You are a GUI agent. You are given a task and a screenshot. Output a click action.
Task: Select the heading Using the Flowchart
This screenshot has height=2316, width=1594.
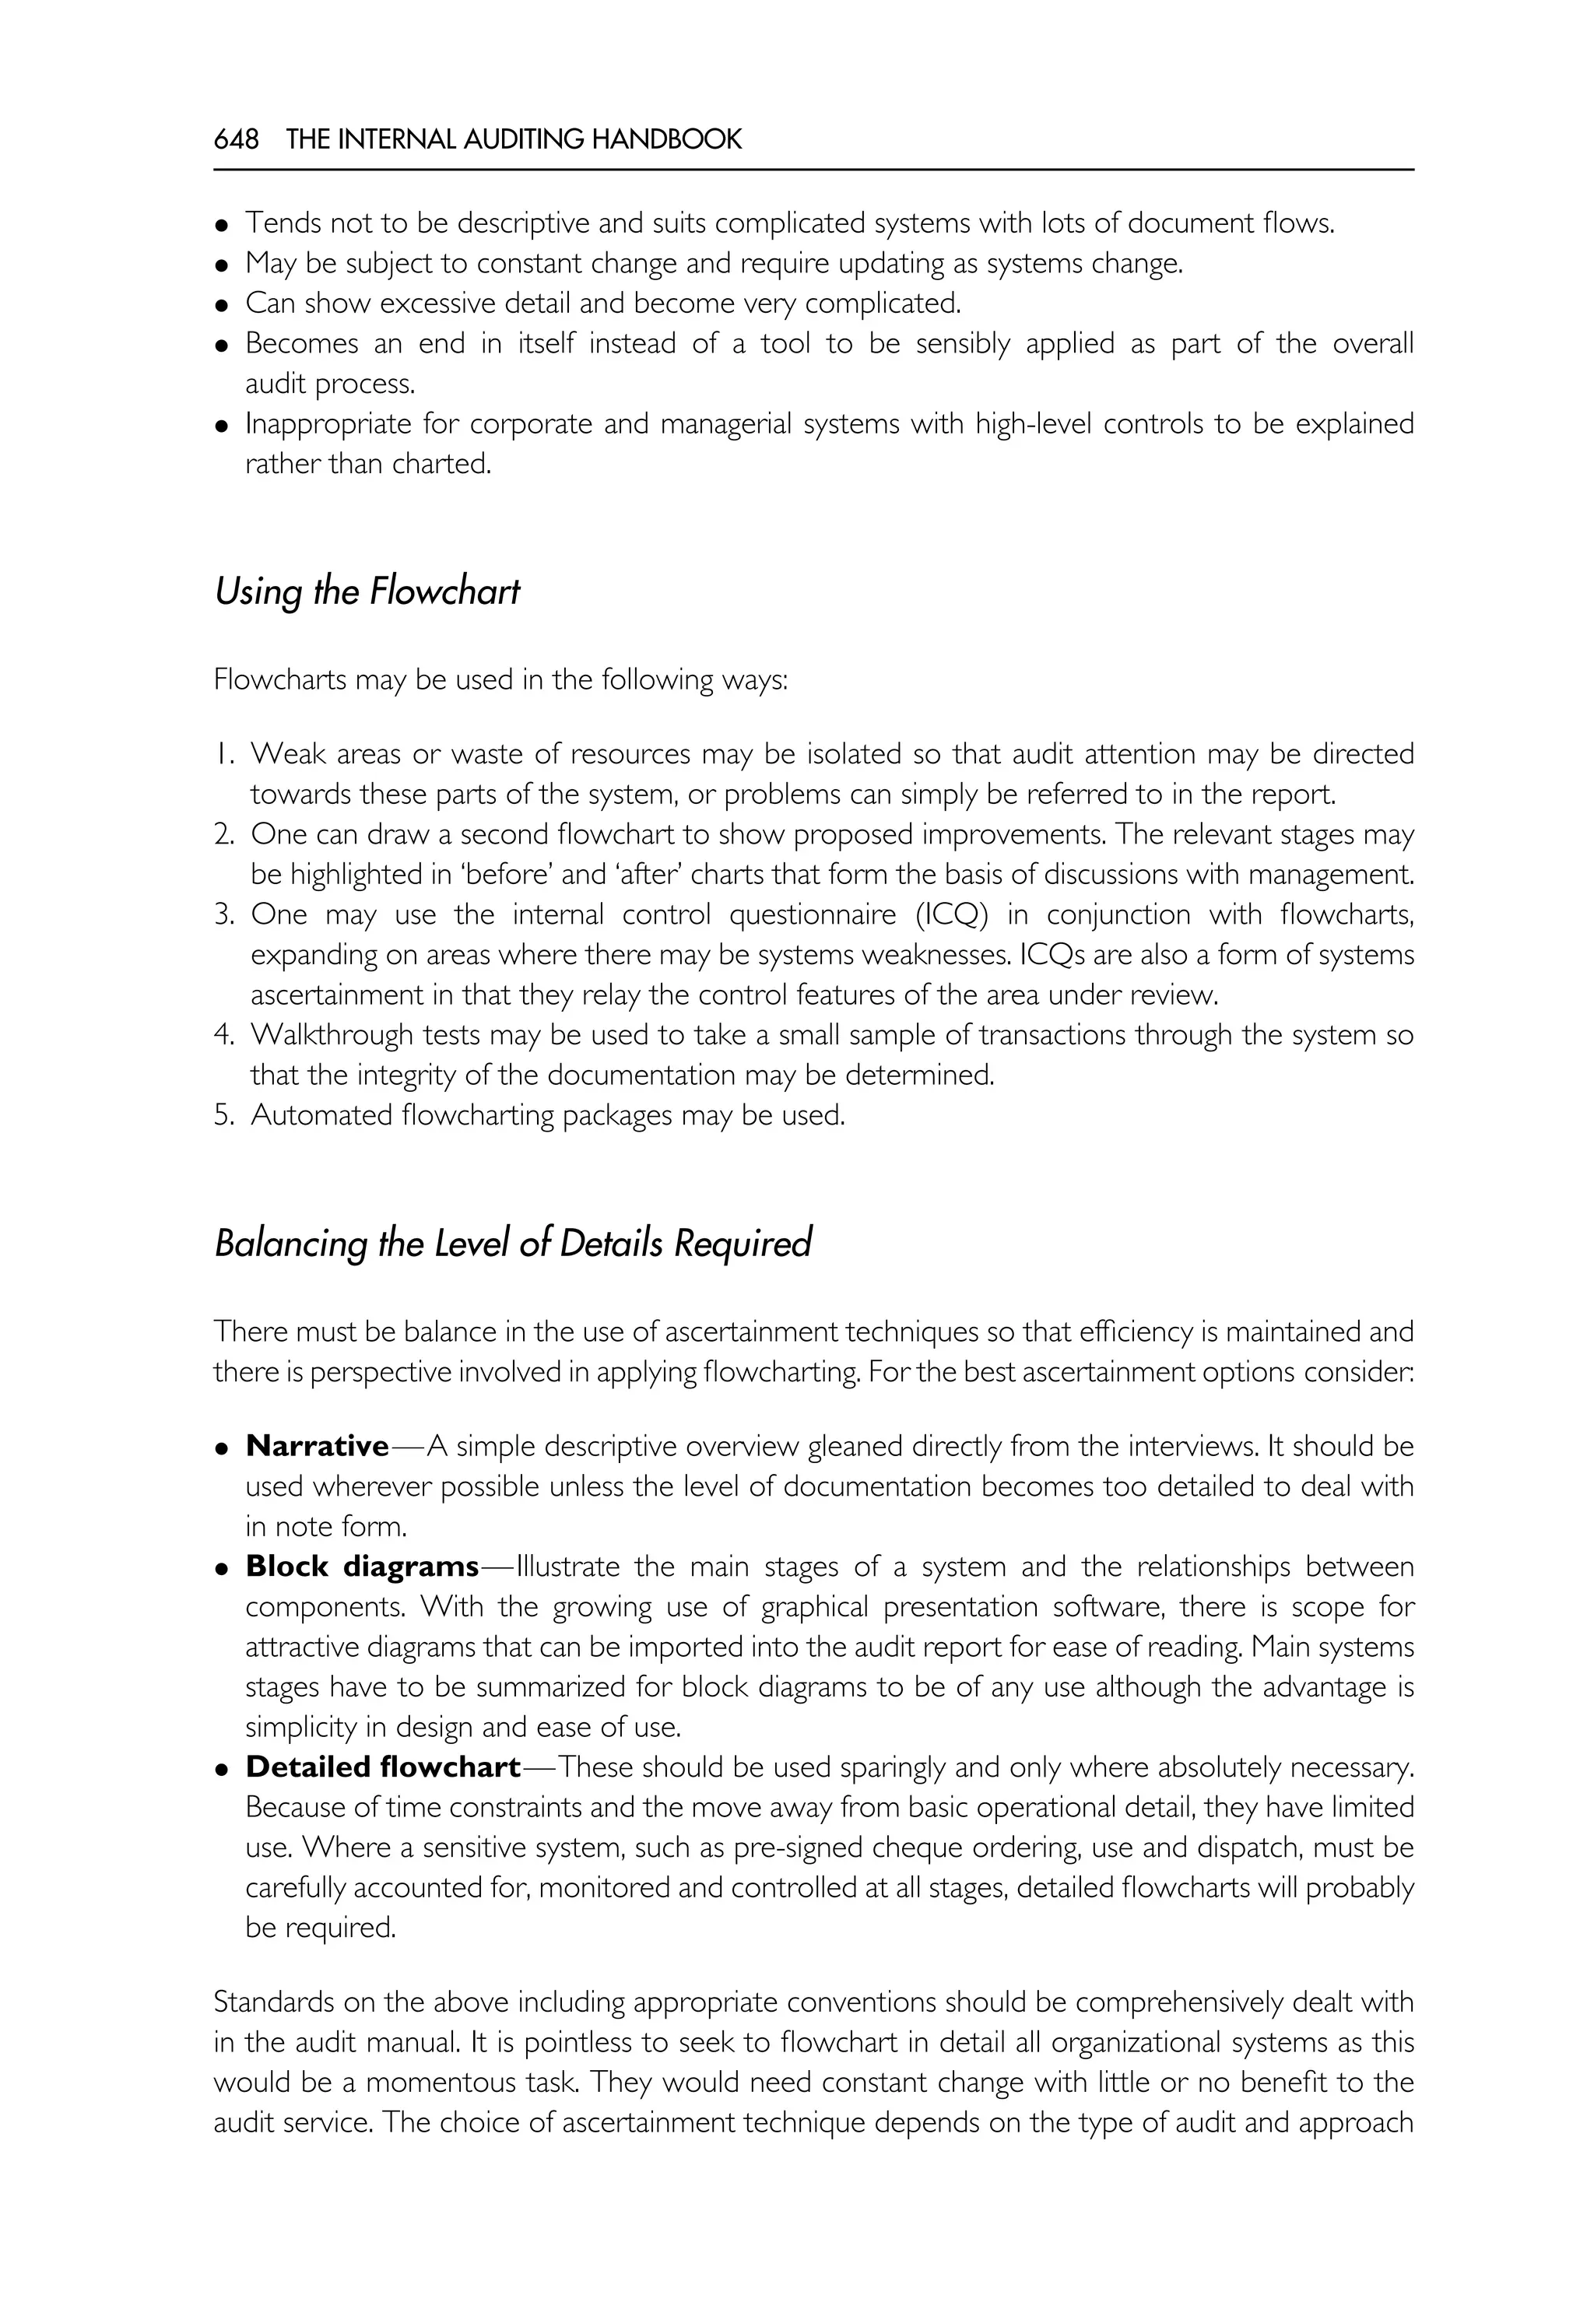point(367,591)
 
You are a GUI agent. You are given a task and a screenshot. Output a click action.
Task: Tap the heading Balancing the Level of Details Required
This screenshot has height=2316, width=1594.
point(512,1244)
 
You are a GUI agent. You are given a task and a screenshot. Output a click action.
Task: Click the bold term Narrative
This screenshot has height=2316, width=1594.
point(317,1446)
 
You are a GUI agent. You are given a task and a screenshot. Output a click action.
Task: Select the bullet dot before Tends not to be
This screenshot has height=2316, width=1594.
point(223,225)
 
